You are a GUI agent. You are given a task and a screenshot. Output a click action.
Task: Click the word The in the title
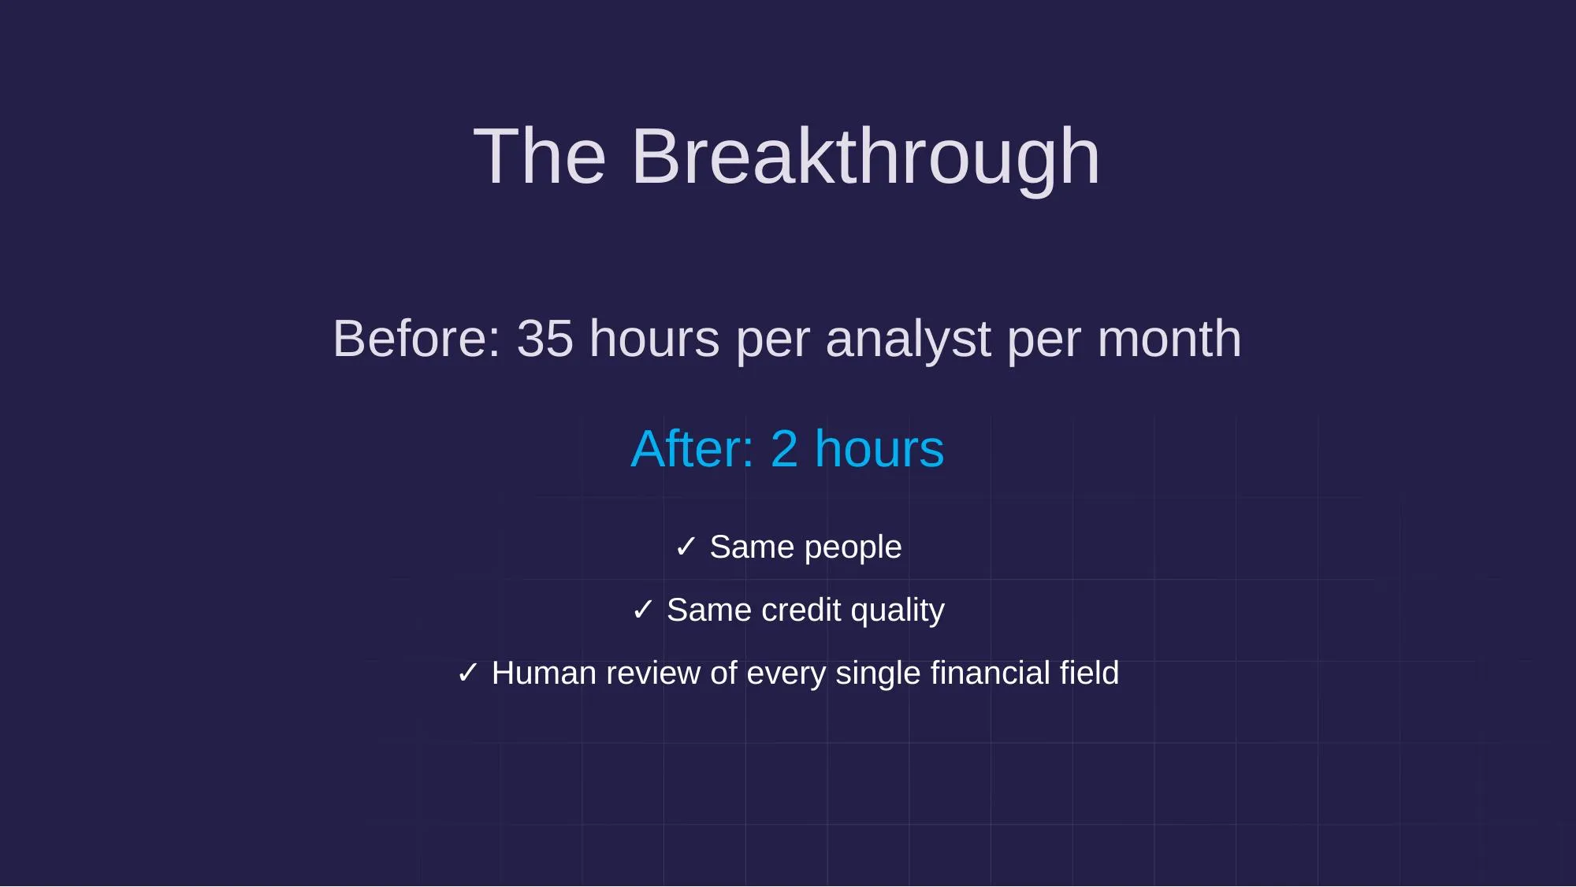coord(540,158)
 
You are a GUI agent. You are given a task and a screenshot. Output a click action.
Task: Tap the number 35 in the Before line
coord(545,340)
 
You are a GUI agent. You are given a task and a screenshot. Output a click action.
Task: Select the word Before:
coord(417,340)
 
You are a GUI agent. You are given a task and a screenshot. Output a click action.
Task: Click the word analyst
coord(908,340)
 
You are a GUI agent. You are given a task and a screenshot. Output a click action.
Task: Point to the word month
coord(1169,340)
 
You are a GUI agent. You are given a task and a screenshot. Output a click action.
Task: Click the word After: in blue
coord(692,449)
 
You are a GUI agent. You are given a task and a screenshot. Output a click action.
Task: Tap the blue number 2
coord(784,449)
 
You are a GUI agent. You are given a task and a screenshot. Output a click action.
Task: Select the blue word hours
coord(879,449)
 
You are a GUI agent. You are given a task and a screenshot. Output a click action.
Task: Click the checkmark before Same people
coord(686,547)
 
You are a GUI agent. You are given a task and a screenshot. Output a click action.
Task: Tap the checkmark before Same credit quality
coord(643,610)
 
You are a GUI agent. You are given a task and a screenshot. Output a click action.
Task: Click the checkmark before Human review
coord(468,673)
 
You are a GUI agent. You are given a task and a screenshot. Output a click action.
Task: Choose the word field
coord(1089,674)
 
